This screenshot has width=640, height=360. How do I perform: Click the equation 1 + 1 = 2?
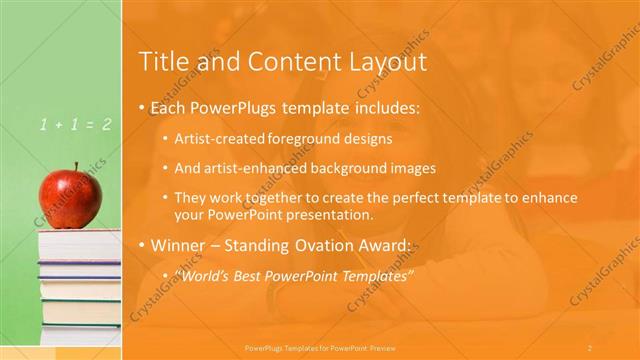pos(76,125)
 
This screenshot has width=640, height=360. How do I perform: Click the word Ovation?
pos(321,245)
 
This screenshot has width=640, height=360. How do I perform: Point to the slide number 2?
pos(590,348)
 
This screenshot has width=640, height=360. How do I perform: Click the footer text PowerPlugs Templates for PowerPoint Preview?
pos(320,348)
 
